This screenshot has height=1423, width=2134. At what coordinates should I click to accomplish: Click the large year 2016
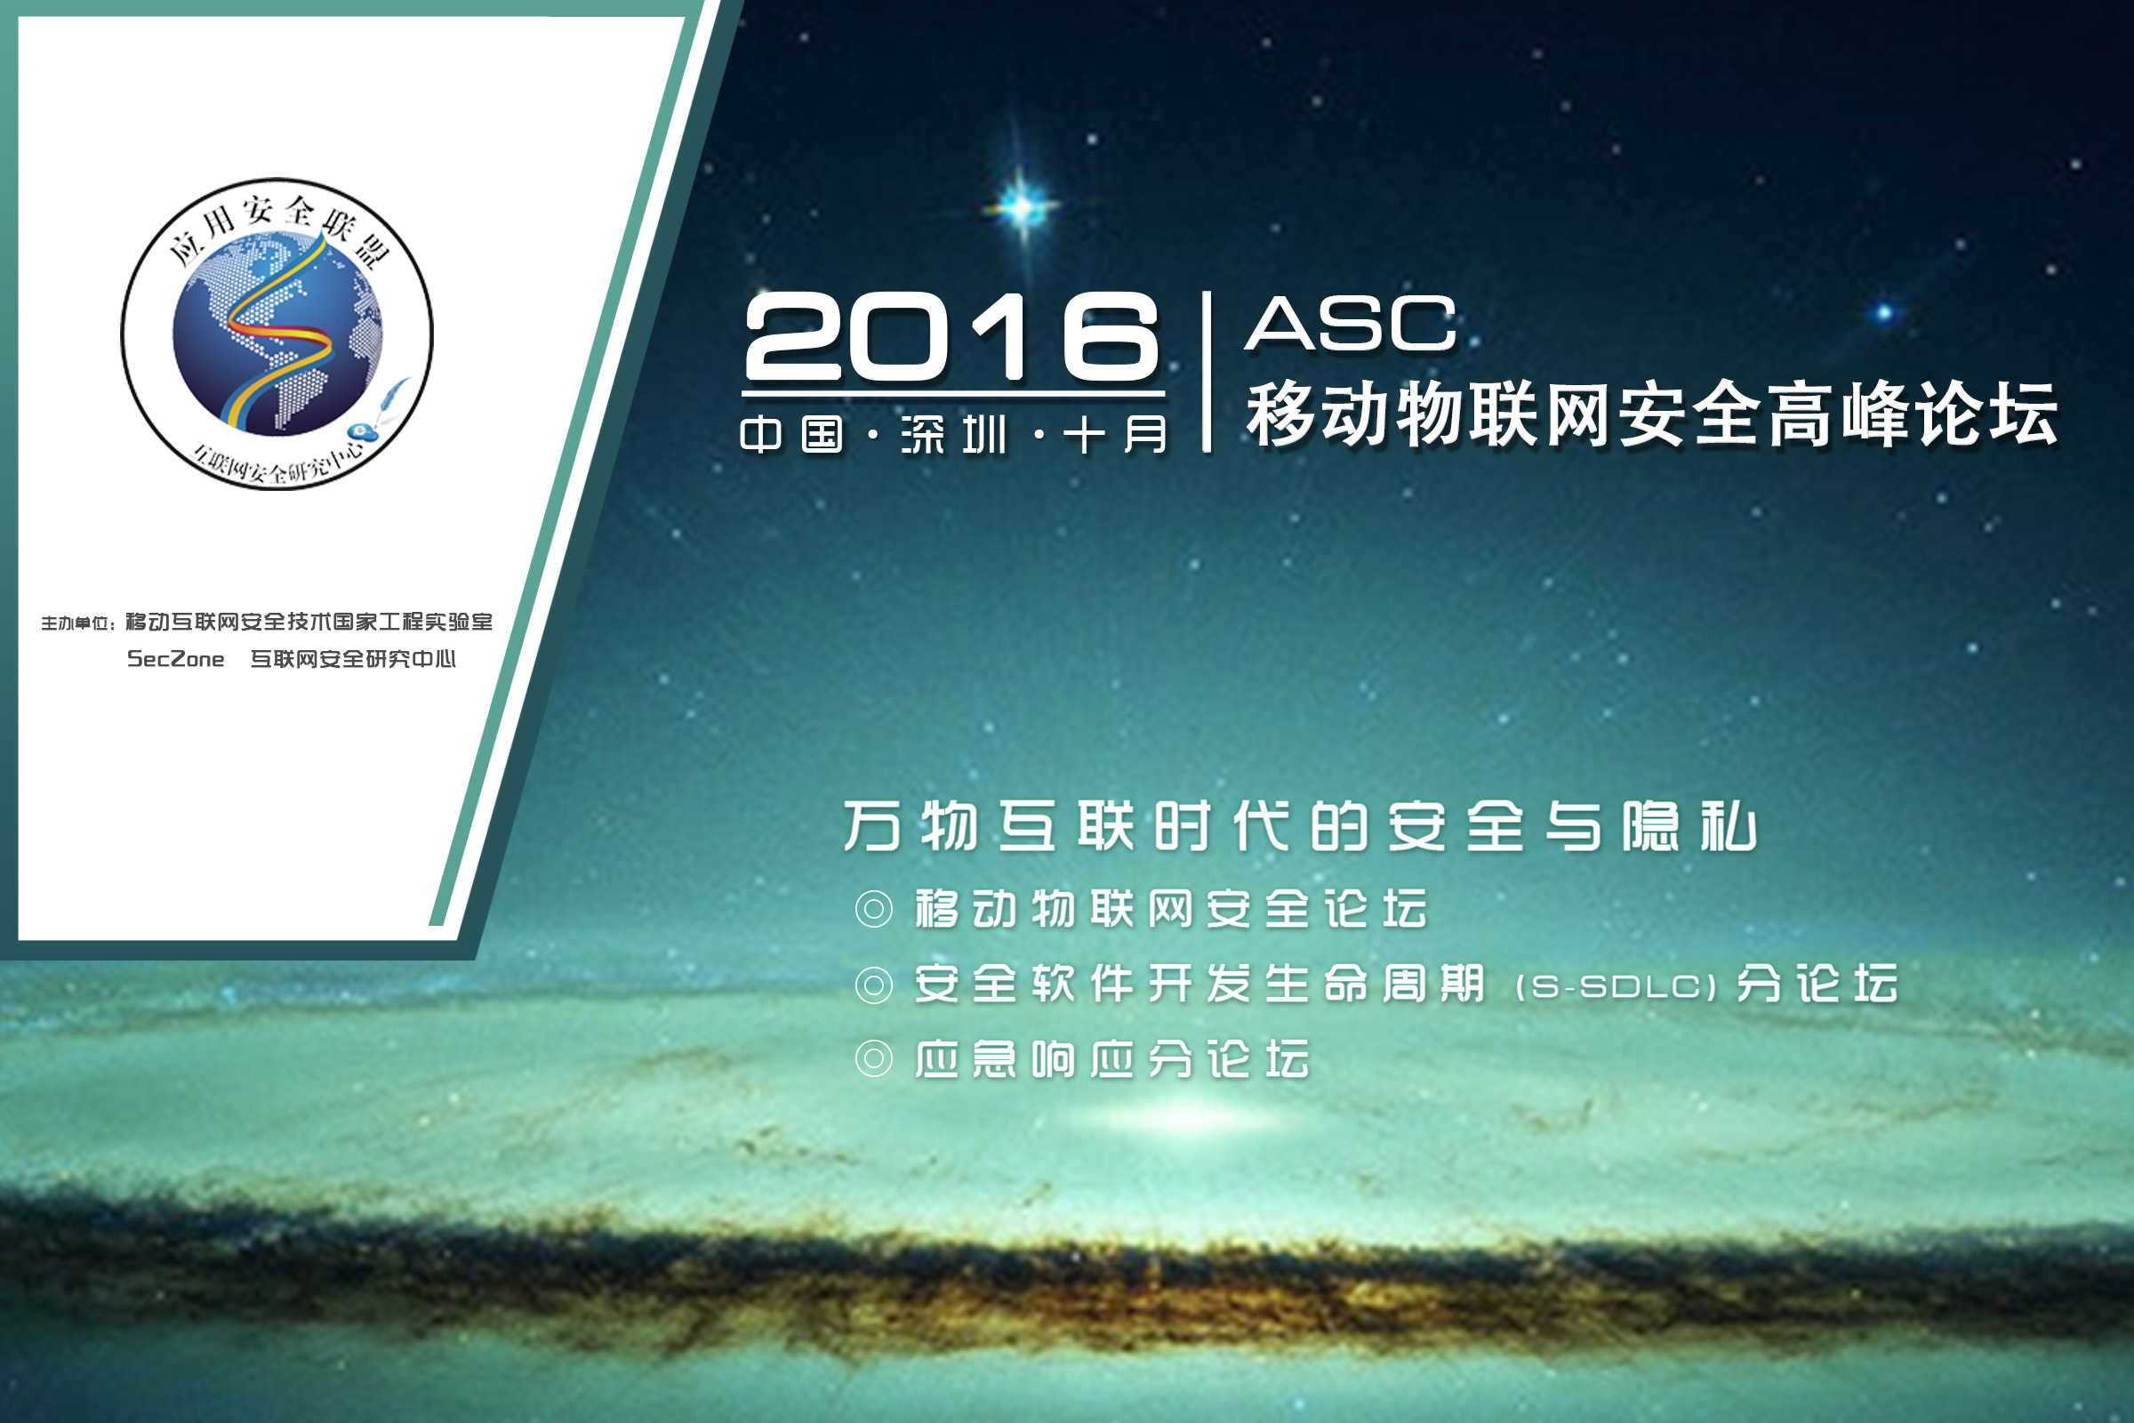(x=951, y=337)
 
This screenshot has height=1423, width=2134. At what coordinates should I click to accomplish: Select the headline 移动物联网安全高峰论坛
(x=1651, y=414)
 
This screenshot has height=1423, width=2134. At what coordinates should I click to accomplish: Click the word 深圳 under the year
(x=953, y=435)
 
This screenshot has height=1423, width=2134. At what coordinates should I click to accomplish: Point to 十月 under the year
(x=1115, y=435)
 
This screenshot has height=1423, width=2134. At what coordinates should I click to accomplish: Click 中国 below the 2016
(x=792, y=435)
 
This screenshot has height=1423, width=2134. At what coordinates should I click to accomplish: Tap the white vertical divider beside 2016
(x=1206, y=371)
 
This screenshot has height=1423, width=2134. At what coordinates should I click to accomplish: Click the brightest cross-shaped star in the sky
(x=1023, y=207)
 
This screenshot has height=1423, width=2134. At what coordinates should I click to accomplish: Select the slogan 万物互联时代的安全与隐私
(x=1300, y=827)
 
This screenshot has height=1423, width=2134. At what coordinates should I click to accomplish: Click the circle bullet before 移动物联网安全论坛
(x=874, y=908)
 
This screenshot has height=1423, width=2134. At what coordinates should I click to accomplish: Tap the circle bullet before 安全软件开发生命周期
(x=874, y=985)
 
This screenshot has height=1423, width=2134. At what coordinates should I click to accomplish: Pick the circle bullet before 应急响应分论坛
(x=874, y=1059)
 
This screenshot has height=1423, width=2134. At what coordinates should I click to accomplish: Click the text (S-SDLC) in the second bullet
(x=1616, y=987)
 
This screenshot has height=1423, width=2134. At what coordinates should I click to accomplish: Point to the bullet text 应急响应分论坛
(x=1112, y=1059)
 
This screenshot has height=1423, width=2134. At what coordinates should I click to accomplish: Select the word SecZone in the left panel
(x=176, y=660)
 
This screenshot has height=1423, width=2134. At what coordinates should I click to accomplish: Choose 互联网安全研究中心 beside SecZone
(x=353, y=659)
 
